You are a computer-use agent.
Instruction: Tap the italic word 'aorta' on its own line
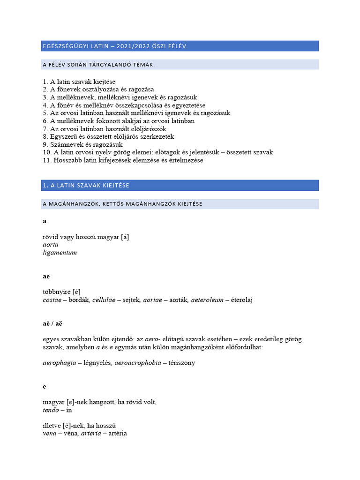50,245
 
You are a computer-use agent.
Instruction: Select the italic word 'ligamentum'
60,253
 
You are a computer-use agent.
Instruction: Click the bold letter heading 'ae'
46,277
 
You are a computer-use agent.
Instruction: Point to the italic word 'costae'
52,300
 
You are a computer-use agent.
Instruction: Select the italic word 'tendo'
51,410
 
